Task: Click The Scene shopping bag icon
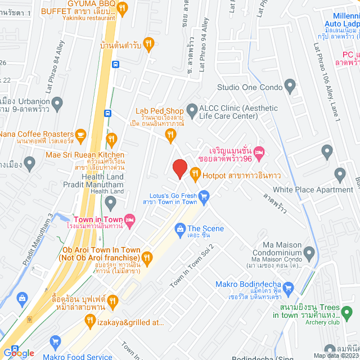coord(180,228)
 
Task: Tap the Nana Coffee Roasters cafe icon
coord(80,134)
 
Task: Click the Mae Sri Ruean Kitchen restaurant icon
coord(112,139)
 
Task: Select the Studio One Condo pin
coord(290,87)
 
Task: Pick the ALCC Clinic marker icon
coord(191,108)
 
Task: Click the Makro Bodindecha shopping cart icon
coord(289,289)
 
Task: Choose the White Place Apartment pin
coord(340,174)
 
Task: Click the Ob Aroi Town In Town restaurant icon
coord(147,258)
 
